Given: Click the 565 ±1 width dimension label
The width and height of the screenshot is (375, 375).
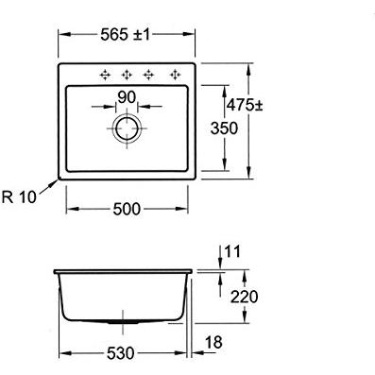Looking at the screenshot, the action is pos(126,34).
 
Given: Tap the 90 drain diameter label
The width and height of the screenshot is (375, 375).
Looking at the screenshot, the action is pos(127,97).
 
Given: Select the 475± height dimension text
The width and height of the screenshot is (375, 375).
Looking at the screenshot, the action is pos(245,105).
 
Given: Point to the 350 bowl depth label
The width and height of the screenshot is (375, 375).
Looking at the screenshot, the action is pos(224,128).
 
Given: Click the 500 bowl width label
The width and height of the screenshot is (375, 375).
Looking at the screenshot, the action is pos(127,209).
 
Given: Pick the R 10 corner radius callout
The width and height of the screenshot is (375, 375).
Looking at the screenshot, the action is pos(19,197).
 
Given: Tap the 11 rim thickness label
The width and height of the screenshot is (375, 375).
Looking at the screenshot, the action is pos(232,251).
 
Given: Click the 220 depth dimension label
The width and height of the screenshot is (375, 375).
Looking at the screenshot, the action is pos(245,297).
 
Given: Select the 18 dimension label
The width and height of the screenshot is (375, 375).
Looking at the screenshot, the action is pos(213,342).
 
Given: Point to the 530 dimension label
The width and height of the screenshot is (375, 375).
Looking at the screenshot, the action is pos(121,353).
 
